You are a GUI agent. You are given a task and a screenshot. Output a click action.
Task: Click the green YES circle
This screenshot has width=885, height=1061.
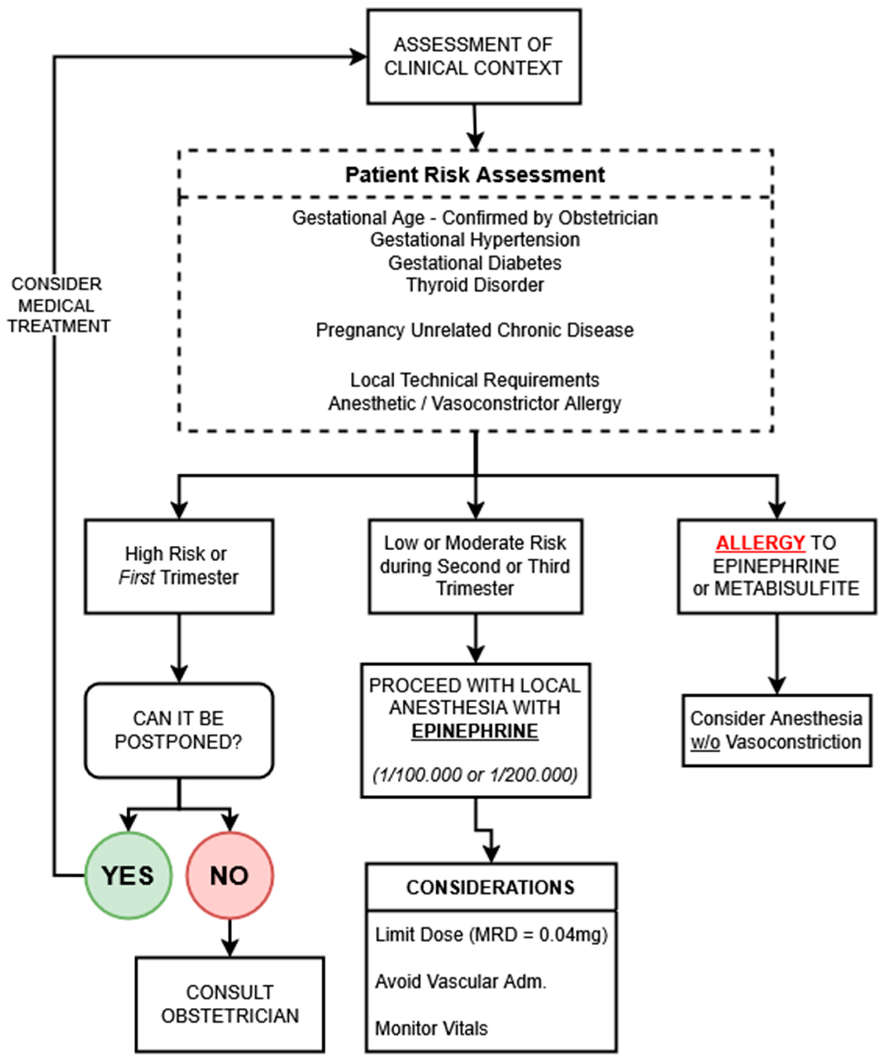(128, 876)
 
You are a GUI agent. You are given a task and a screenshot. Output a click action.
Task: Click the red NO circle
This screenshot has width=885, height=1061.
(230, 876)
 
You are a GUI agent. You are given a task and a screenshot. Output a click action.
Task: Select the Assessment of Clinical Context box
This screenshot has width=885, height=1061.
(474, 57)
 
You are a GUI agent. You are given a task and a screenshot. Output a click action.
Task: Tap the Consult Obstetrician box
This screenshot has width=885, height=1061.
(230, 1004)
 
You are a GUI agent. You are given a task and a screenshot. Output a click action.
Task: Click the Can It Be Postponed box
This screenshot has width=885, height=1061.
(179, 730)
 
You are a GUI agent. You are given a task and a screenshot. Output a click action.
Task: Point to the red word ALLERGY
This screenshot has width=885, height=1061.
(760, 543)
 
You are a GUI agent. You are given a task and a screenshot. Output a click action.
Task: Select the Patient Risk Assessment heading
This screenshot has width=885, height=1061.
(475, 175)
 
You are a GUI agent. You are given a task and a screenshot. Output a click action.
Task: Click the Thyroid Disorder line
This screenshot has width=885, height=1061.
(475, 285)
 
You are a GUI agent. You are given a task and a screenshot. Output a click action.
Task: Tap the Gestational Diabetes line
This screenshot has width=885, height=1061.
(475, 263)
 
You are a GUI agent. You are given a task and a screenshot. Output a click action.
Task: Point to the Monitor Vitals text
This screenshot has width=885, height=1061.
(431, 1028)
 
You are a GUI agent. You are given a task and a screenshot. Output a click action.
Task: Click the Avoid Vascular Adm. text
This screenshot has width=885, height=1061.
(461, 981)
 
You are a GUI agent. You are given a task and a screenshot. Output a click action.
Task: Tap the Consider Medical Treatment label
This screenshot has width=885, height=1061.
(58, 305)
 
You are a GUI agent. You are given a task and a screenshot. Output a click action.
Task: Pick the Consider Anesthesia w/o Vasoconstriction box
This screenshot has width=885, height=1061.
(777, 730)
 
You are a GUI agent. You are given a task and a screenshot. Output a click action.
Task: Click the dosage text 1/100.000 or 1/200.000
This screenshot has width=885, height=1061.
(475, 775)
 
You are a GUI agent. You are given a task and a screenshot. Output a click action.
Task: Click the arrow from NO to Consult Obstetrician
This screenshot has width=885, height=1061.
(230, 938)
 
